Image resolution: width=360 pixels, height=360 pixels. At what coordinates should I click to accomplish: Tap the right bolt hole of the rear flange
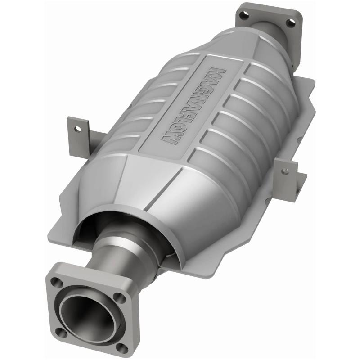click(x=291, y=22)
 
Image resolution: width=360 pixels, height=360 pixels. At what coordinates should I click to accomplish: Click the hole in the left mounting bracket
click(x=79, y=128)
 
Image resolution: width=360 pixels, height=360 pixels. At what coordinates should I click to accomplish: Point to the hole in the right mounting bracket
click(x=284, y=170)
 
